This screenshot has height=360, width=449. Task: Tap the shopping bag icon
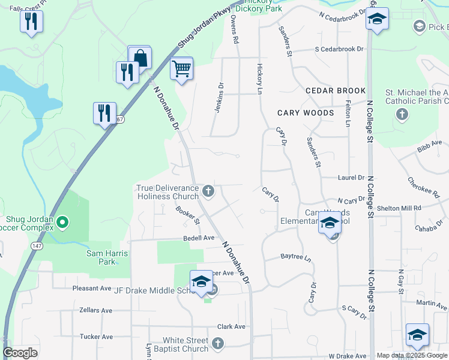tap(140, 58)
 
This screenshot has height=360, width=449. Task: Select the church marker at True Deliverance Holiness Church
tap(208, 191)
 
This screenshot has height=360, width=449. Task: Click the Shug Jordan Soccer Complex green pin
tap(63, 223)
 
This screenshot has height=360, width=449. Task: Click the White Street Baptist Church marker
tap(218, 344)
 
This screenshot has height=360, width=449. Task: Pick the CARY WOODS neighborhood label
tap(306, 113)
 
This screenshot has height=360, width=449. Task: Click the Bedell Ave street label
tap(199, 238)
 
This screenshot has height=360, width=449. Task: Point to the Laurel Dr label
tap(351, 178)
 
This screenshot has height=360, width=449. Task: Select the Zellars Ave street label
tap(95, 310)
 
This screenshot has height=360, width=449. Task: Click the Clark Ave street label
tap(231, 326)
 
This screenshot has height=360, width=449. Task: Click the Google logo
tap(20, 353)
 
